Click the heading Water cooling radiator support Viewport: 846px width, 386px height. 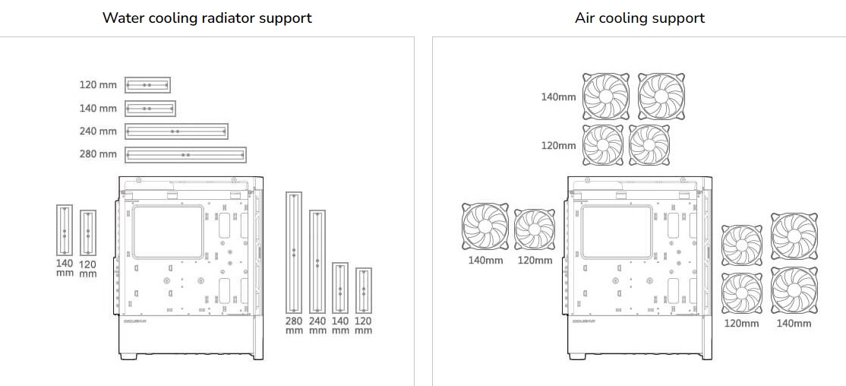coord(207,17)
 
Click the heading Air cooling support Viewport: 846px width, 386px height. coord(639,17)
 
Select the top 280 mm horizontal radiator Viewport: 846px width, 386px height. coord(185,154)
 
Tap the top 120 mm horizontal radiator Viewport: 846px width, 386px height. coord(147,85)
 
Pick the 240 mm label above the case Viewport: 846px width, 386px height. coord(98,131)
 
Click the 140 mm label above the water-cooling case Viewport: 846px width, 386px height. coord(98,109)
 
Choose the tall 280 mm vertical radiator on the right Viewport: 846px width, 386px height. coord(294,252)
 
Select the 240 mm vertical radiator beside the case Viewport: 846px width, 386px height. coord(317,261)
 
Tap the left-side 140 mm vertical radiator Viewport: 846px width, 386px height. coord(65,230)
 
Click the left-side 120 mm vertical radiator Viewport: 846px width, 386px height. coord(88,233)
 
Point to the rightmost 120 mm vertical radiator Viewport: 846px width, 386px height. coord(364,291)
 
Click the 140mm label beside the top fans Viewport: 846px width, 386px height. coord(558,97)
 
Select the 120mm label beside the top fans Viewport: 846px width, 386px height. coord(558,145)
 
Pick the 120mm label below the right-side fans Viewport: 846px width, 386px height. coord(741,324)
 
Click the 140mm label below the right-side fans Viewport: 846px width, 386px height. coord(794,324)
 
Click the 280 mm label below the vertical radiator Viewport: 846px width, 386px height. coord(294,326)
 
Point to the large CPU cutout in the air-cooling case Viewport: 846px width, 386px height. coord(617,229)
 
